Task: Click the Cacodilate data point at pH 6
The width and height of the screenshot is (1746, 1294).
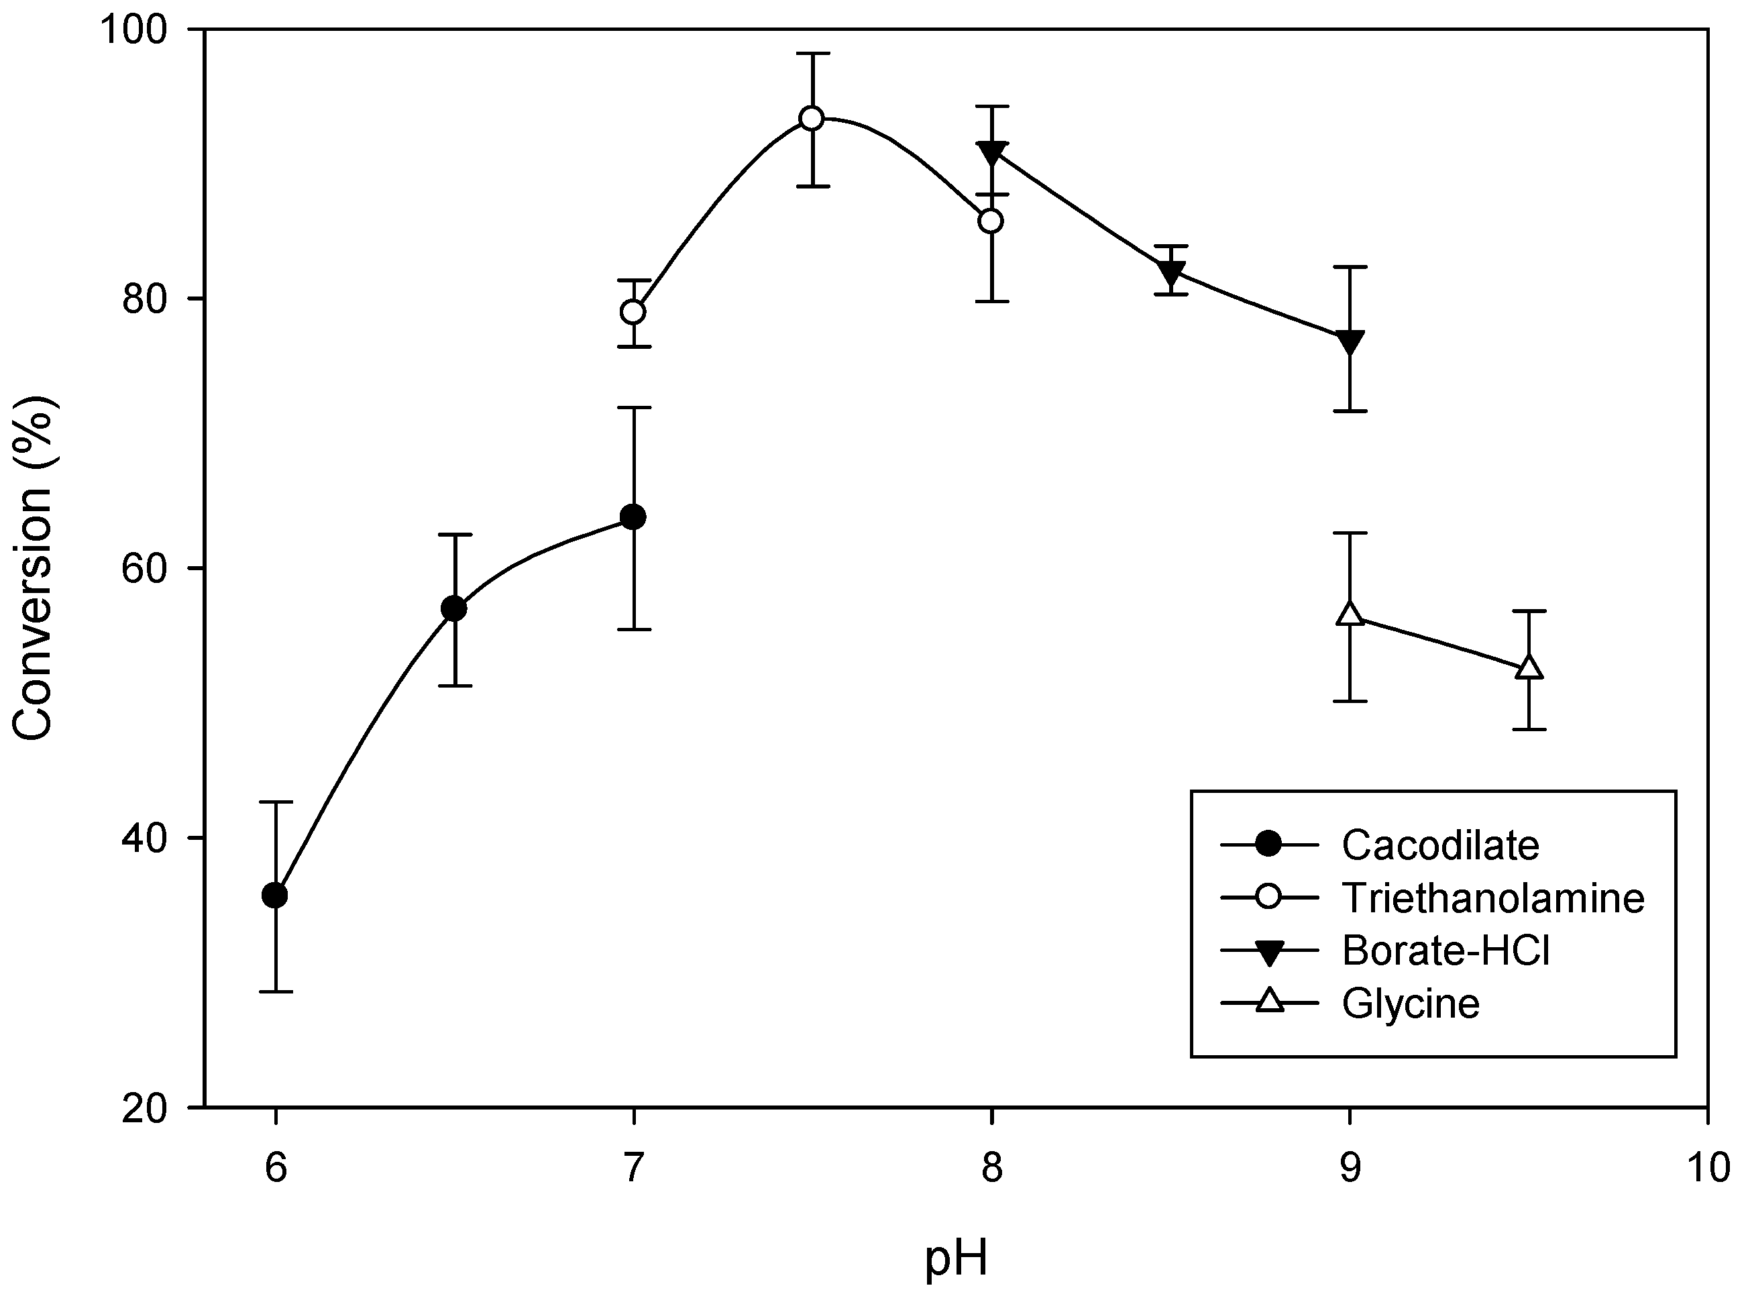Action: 275,896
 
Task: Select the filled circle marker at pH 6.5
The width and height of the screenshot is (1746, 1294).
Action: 454,608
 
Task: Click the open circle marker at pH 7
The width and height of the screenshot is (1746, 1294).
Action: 633,312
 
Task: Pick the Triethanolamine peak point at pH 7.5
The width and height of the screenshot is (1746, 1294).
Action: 812,119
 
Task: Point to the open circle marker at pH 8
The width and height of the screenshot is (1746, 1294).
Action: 991,221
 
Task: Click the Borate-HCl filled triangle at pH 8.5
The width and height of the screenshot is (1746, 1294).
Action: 1171,272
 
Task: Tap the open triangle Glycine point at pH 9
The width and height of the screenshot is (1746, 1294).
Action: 1350,613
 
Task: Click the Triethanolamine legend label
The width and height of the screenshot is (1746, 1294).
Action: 1492,898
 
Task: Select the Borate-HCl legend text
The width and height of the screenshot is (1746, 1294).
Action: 1446,951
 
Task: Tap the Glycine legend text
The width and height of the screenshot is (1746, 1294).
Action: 1411,1004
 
